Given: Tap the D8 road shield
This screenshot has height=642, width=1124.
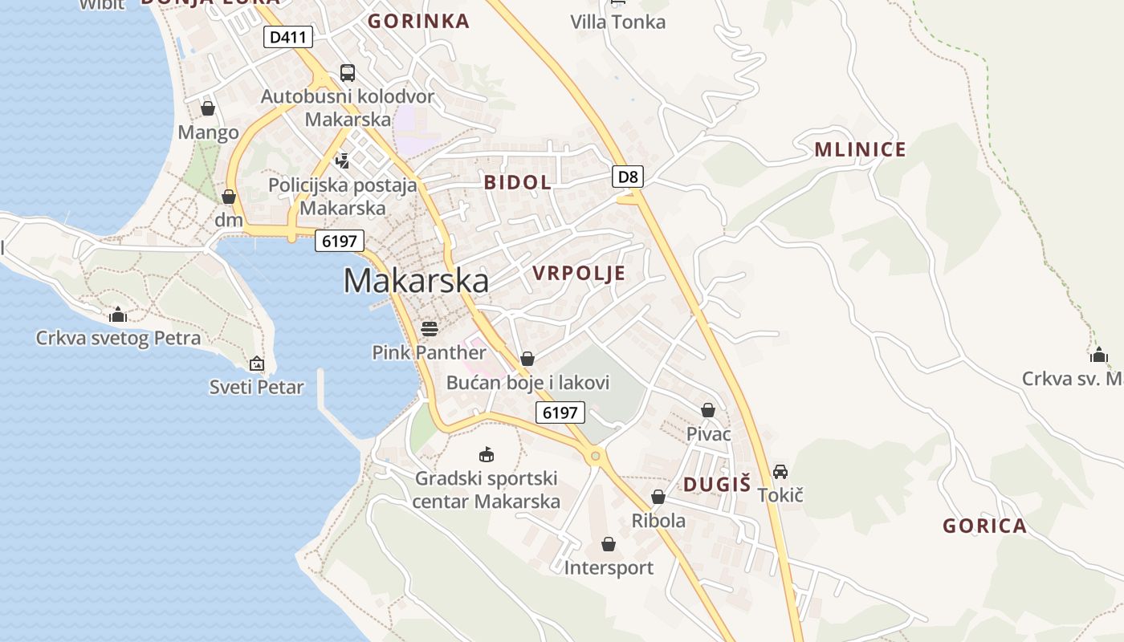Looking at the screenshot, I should [628, 177].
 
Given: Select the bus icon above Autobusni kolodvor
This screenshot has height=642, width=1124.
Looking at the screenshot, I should [348, 73].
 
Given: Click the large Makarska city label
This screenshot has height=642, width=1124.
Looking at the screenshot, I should [416, 281].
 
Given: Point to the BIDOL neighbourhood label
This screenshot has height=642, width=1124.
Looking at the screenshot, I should [517, 182].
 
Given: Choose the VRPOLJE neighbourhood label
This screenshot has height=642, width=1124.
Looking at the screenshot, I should [579, 274].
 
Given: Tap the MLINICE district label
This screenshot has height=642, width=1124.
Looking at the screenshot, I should [860, 149].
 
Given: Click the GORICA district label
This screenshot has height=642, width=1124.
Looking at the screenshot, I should [984, 526].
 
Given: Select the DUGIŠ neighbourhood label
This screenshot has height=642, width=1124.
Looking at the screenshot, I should [717, 484].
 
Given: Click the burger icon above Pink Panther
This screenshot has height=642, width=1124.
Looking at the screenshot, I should [430, 328].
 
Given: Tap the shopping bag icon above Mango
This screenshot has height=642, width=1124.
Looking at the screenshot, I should [208, 108].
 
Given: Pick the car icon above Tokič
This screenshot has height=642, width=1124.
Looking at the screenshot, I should [780, 471].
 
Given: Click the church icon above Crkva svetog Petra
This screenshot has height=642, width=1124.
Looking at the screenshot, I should [118, 315].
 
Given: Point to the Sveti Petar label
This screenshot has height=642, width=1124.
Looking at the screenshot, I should [257, 388].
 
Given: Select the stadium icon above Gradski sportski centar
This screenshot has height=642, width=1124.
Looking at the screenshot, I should [486, 455].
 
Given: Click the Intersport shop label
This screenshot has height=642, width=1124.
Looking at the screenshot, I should [609, 568].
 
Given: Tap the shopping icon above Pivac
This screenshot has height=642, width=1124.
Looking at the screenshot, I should [708, 410].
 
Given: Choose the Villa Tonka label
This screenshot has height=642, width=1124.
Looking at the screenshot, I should [617, 22].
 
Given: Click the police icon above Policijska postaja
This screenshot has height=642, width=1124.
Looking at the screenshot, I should [343, 160].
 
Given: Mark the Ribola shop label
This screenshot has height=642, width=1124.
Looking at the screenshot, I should [658, 521].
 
